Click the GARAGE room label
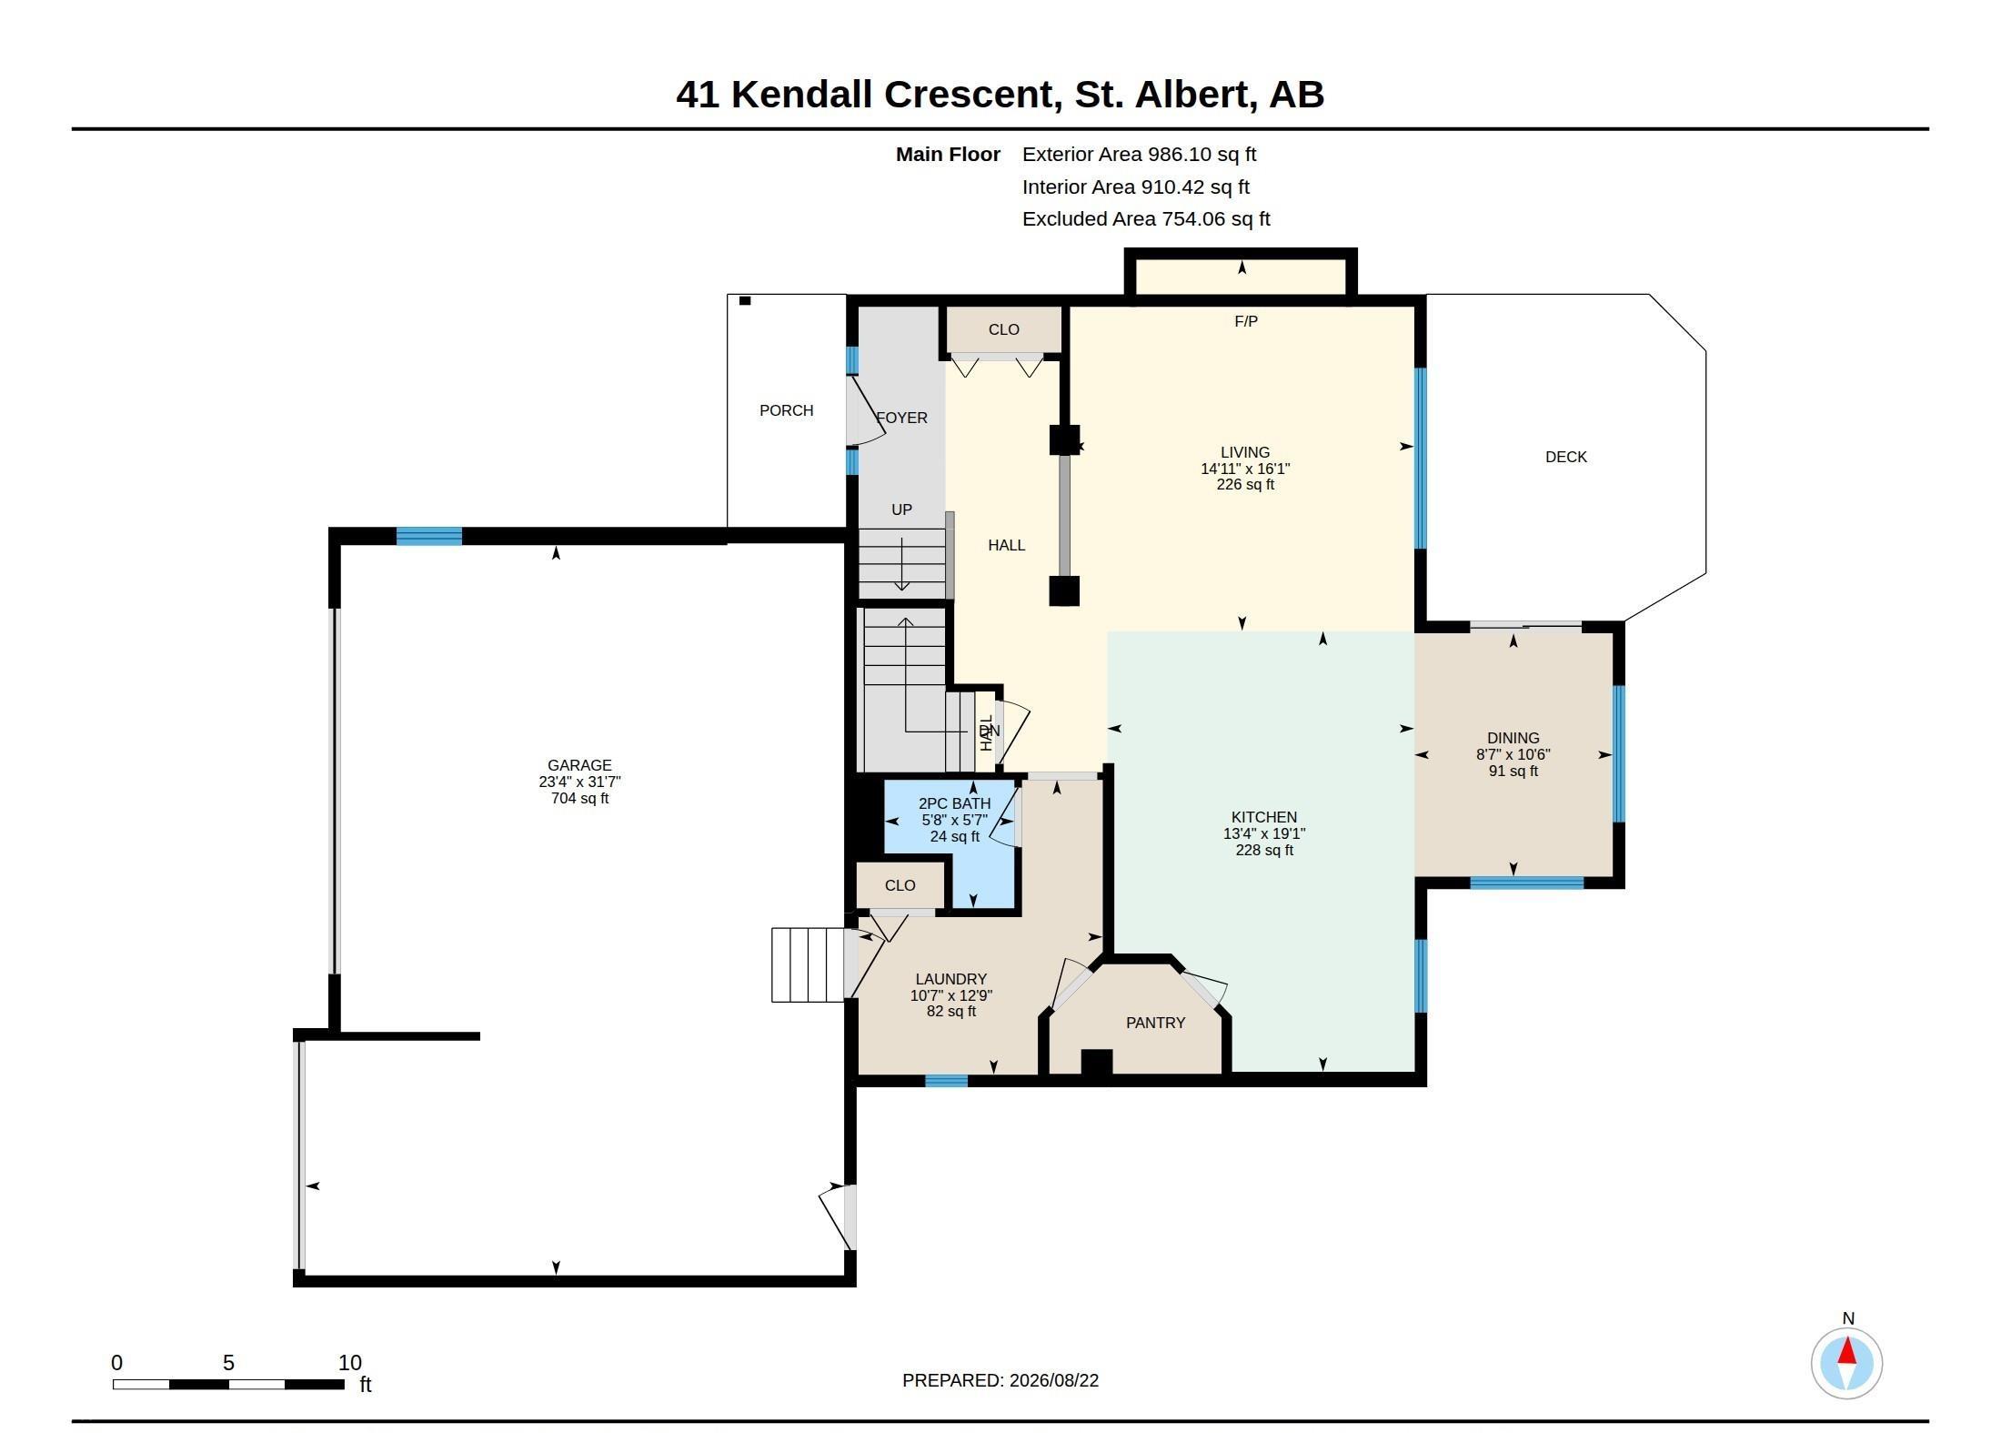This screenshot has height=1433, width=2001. click(579, 765)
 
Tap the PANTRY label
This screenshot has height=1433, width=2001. click(1155, 1023)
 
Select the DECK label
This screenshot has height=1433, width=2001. click(1565, 457)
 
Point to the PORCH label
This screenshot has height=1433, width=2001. click(786, 410)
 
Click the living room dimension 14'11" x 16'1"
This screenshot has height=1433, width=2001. click(1245, 469)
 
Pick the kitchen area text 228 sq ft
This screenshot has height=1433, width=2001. click(1264, 850)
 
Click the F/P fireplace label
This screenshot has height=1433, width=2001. click(1246, 321)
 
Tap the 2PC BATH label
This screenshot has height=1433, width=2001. click(954, 803)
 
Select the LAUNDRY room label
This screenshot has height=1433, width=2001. click(950, 979)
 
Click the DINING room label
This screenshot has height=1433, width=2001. click(1513, 738)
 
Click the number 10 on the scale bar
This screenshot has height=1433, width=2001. click(350, 1363)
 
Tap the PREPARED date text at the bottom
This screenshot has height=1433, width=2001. click(1000, 1380)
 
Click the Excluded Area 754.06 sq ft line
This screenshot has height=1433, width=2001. click(1146, 218)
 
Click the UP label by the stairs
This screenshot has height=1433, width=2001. click(901, 510)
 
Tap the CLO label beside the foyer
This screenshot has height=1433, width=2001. click(1003, 329)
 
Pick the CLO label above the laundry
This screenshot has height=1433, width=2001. click(900, 885)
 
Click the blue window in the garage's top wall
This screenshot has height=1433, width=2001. click(429, 536)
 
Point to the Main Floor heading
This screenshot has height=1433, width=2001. click(948, 155)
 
